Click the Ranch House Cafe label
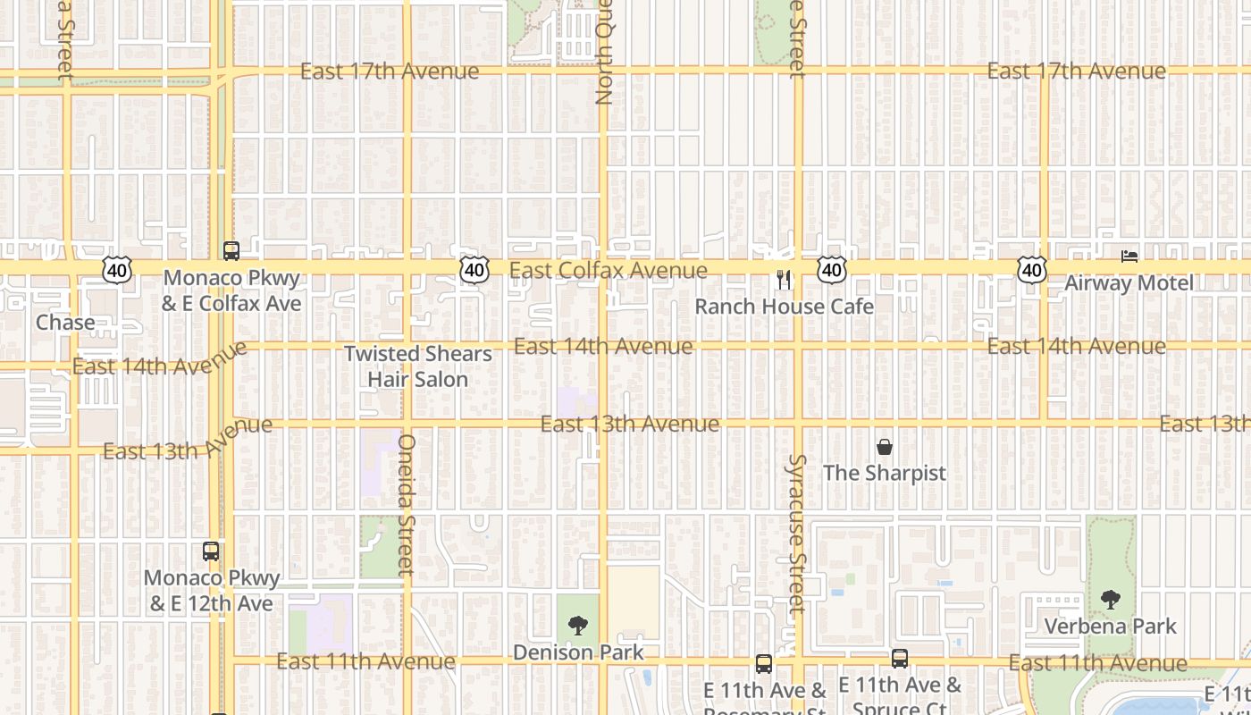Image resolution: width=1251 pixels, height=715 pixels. click(x=784, y=307)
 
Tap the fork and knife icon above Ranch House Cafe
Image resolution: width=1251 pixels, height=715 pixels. click(x=784, y=280)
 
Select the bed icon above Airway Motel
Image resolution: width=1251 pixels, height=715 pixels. click(x=1129, y=257)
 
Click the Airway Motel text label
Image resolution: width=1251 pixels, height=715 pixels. click(x=1129, y=283)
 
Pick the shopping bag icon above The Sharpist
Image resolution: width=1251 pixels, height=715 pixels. click(x=885, y=447)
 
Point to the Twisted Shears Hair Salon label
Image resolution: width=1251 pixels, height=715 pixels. click(x=418, y=366)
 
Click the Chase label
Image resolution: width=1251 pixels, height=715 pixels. click(x=65, y=322)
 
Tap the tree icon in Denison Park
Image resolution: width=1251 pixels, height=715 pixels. click(x=578, y=626)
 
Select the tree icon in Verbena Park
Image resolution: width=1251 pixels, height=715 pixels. click(x=1111, y=599)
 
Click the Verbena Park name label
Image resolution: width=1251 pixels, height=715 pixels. click(x=1111, y=626)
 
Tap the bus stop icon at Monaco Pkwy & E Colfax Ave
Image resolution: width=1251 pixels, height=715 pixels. click(x=231, y=251)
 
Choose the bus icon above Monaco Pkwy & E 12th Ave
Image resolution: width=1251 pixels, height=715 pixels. click(x=211, y=551)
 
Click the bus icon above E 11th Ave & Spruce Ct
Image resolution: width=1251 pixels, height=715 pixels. click(x=900, y=659)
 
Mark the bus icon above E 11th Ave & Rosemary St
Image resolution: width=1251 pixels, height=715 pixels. click(x=764, y=664)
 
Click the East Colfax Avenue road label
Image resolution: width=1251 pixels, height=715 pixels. click(x=608, y=270)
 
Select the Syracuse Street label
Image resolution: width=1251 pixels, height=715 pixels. click(x=796, y=534)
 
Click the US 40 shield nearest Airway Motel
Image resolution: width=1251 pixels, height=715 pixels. click(x=1032, y=269)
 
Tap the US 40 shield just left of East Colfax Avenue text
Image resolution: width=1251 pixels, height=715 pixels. click(x=475, y=269)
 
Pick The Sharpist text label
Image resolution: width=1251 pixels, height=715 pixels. click(x=885, y=473)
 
